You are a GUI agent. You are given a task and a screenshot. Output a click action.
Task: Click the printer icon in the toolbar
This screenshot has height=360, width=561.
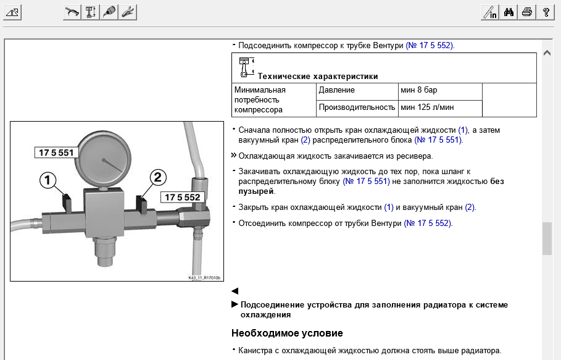pyautogui.click(x=526, y=12)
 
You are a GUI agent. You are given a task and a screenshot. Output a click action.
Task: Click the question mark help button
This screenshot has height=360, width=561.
pyautogui.click(x=546, y=12)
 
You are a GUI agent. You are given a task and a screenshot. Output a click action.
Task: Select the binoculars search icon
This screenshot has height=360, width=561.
pyautogui.click(x=509, y=12)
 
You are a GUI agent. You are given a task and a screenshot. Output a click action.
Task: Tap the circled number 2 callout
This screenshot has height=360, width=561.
pyautogui.click(x=158, y=177)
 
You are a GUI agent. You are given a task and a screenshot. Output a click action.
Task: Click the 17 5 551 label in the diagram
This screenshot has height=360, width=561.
pyautogui.click(x=56, y=153)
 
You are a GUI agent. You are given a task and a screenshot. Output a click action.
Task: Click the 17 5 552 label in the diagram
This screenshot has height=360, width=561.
pyautogui.click(x=180, y=197)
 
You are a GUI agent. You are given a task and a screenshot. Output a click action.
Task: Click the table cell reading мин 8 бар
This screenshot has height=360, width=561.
pyautogui.click(x=419, y=90)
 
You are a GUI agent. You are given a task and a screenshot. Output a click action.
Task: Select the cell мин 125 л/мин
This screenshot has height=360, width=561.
pyautogui.click(x=427, y=107)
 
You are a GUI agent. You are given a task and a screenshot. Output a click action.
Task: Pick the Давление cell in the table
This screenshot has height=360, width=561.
pyautogui.click(x=337, y=90)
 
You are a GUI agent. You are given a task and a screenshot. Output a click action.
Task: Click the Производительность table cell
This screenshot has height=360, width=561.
pyautogui.click(x=357, y=107)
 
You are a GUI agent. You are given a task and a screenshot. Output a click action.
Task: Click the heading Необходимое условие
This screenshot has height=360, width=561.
pyautogui.click(x=287, y=333)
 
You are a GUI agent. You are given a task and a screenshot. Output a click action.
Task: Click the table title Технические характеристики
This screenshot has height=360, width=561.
pyautogui.click(x=317, y=77)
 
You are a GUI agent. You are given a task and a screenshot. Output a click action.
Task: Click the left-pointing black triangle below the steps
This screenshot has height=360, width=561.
pyautogui.click(x=235, y=291)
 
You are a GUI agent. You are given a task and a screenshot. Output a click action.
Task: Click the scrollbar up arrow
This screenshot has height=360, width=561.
pyautogui.click(x=547, y=53)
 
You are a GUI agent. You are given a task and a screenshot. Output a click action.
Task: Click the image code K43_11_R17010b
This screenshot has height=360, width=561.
pyautogui.click(x=204, y=277)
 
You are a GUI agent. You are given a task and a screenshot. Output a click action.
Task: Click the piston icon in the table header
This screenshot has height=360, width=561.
pyautogui.click(x=245, y=67)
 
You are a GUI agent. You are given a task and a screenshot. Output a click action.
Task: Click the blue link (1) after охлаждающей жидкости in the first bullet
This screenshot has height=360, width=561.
pyautogui.click(x=463, y=130)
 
